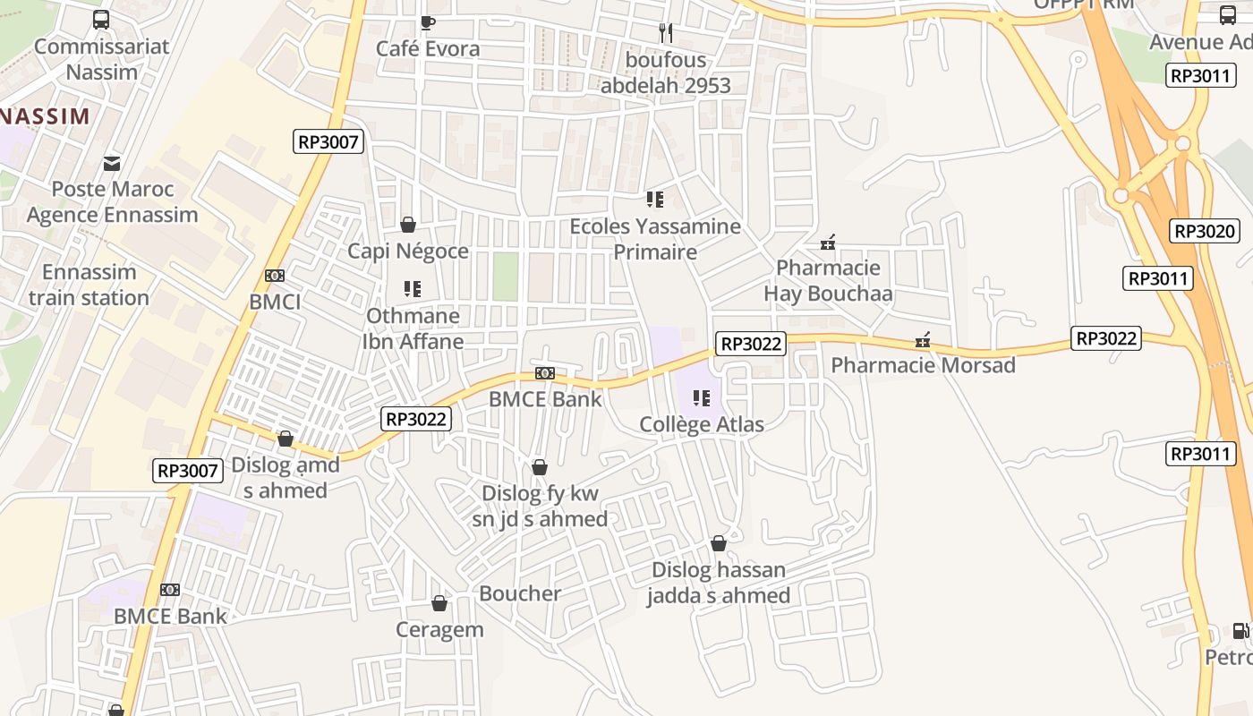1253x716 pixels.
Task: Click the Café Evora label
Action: pos(428,48)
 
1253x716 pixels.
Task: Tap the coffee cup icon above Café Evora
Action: pos(428,22)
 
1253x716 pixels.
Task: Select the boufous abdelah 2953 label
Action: pos(665,72)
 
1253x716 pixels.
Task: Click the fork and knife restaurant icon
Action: pos(665,33)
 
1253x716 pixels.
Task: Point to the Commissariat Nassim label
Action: pos(101,59)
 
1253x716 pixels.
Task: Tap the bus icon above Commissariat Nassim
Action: pos(101,20)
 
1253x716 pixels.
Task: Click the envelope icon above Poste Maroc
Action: pos(112,163)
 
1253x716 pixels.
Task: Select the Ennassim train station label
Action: pos(89,285)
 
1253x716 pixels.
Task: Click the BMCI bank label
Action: pos(275,302)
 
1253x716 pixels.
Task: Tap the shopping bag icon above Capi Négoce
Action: pos(408,224)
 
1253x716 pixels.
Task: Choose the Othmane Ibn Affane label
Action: pos(413,328)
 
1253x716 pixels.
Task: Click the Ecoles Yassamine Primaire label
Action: pos(655,239)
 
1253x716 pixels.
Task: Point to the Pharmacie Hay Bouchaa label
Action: pos(828,280)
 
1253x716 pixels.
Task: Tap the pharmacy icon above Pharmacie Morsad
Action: pos(923,340)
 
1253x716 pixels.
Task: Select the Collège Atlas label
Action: pos(702,424)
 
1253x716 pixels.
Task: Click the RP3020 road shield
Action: pos(1204,231)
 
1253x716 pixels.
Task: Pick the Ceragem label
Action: pos(439,629)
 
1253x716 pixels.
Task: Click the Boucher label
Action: pos(520,593)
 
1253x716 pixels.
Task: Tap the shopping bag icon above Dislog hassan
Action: pos(718,543)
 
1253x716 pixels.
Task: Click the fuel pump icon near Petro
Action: pos(1240,631)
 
